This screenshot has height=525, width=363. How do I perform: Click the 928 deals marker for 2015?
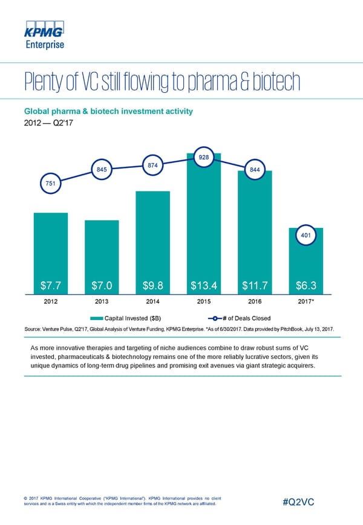[204, 157]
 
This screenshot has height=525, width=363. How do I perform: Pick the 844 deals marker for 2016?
[255, 170]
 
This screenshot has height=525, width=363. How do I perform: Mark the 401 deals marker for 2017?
[306, 235]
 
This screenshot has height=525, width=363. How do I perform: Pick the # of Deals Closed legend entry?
[240, 319]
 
